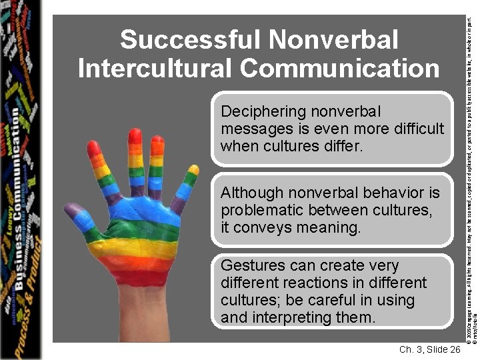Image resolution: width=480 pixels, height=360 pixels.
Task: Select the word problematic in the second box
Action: coord(262,211)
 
